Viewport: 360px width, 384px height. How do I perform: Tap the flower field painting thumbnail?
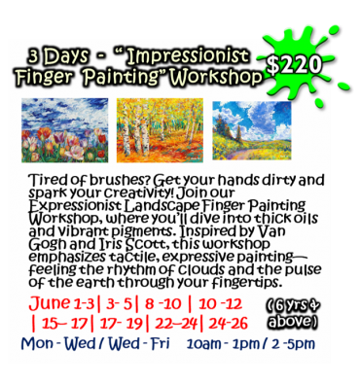click(x=65, y=130)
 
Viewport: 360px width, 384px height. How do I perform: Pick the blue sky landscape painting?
click(x=252, y=128)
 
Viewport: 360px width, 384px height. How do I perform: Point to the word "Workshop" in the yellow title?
click(x=218, y=76)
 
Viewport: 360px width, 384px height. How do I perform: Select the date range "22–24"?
click(x=183, y=320)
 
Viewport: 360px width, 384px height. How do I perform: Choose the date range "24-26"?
click(x=231, y=320)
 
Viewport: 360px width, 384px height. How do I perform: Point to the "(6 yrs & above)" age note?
click(x=290, y=311)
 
